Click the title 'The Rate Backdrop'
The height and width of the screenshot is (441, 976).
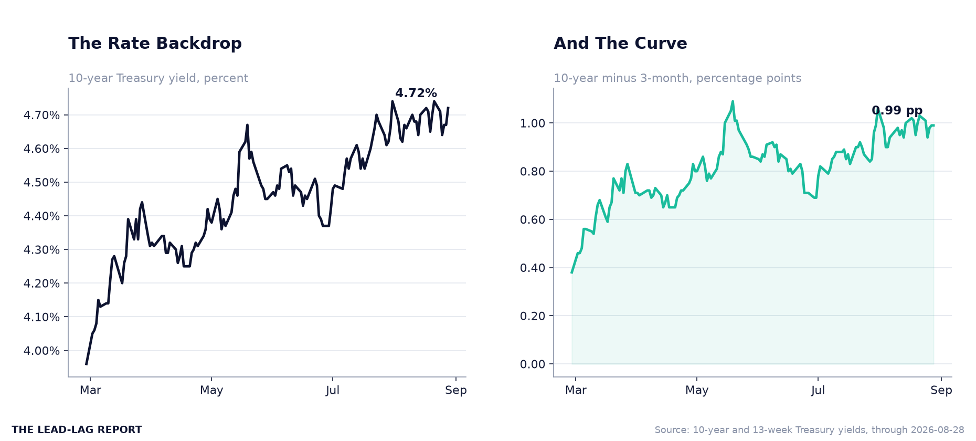(x=155, y=44)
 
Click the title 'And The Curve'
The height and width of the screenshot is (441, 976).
(x=620, y=44)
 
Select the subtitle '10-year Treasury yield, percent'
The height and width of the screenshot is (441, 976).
(x=158, y=78)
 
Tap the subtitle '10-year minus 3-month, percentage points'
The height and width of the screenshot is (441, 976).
(x=677, y=78)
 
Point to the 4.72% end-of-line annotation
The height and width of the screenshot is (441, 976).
(x=416, y=93)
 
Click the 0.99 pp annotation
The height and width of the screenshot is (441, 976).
(x=897, y=111)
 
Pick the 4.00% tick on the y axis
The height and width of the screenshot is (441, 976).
(x=42, y=351)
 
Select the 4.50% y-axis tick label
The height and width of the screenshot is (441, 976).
(x=42, y=183)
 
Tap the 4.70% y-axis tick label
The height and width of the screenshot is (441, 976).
(x=42, y=115)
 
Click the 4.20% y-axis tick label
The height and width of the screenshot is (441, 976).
(x=42, y=283)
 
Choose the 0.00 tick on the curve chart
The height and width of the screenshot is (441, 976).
(x=533, y=364)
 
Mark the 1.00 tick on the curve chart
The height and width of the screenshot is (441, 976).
(x=533, y=123)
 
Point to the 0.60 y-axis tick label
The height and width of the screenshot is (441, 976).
(x=533, y=220)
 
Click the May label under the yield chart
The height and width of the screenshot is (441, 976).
(x=211, y=391)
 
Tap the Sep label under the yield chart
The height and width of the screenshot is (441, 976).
(x=456, y=391)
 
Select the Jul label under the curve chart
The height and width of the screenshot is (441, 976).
(x=818, y=391)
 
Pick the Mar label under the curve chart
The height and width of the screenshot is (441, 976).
(x=576, y=391)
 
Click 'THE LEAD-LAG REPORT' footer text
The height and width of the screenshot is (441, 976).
(x=77, y=430)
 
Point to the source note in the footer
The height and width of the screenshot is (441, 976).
(x=810, y=430)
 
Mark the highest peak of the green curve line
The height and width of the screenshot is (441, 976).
(x=733, y=101)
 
